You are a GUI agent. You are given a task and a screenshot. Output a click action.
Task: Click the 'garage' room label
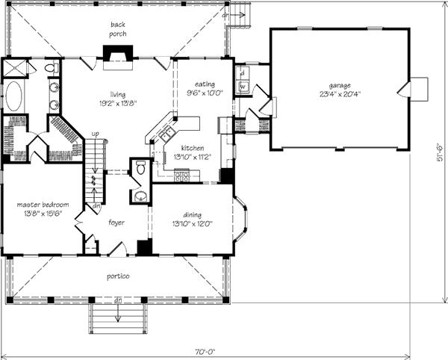339,86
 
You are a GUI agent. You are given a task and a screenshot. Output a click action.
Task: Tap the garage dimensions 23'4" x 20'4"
339,96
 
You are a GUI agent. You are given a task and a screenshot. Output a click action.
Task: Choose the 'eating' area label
205,84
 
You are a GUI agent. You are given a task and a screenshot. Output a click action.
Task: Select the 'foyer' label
116,222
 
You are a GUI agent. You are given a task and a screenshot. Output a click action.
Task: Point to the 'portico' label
119,277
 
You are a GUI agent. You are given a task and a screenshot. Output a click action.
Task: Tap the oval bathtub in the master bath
14,96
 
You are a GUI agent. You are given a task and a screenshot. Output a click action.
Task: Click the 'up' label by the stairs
95,134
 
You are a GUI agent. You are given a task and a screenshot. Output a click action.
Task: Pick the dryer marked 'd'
243,73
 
